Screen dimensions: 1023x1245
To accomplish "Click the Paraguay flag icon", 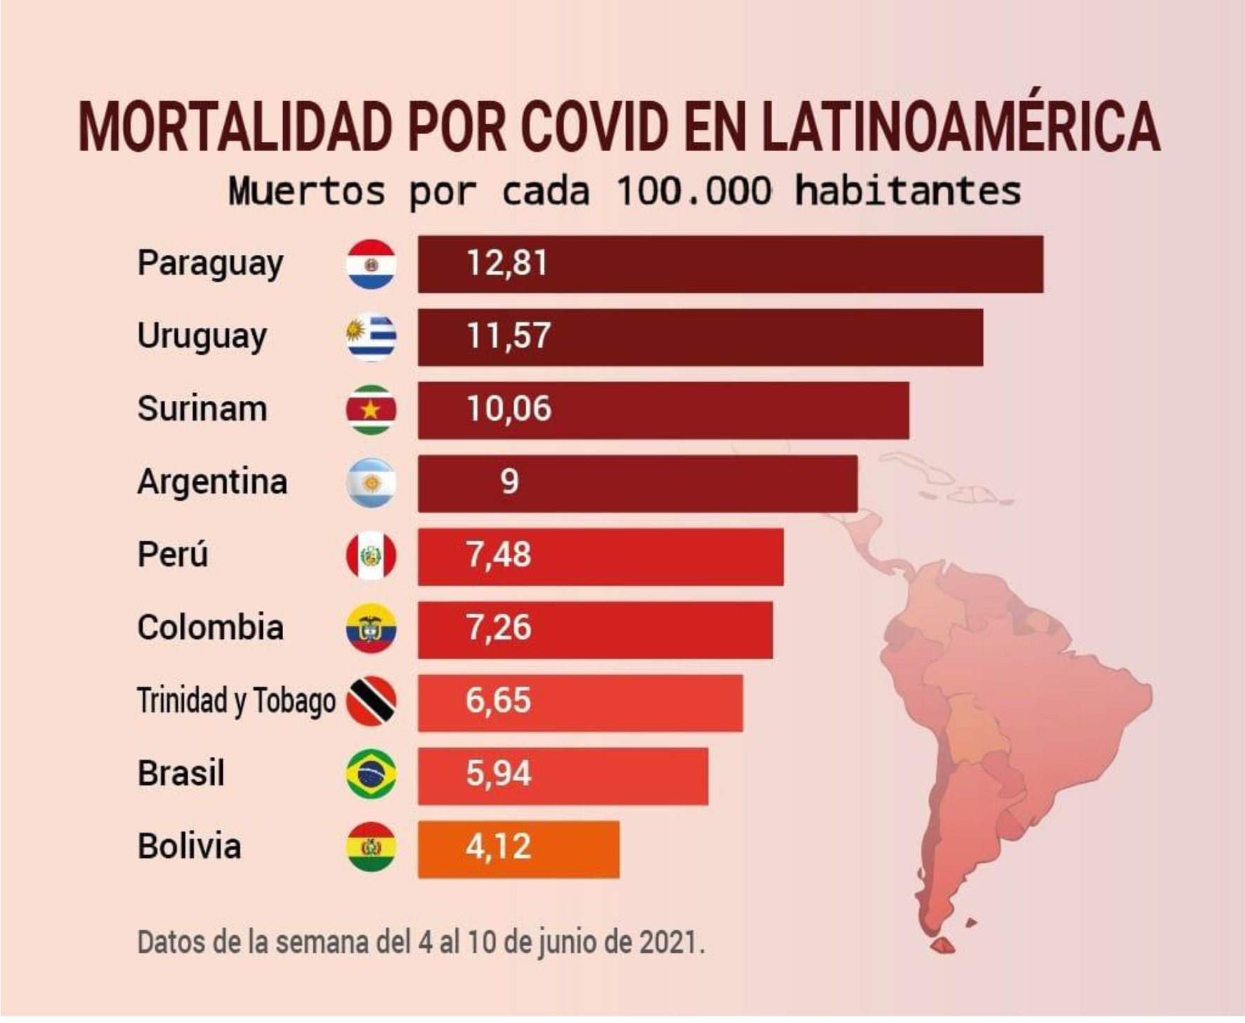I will [371, 265].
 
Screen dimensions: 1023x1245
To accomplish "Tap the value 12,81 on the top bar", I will [507, 263].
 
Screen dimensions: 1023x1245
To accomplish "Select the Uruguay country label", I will [202, 336].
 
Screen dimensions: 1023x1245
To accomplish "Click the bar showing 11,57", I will [700, 337].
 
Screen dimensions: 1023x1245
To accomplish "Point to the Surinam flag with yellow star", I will [371, 410].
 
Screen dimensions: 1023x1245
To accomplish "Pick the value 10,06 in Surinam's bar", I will [509, 409].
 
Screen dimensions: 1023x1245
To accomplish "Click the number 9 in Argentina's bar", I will [509, 482].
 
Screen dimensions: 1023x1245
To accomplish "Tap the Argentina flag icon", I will [371, 483].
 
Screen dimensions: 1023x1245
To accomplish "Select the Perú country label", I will [173, 555].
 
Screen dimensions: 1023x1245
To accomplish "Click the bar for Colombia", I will [595, 630].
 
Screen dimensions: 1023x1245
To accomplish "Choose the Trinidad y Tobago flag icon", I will [371, 701].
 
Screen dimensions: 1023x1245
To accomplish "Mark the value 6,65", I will [498, 701].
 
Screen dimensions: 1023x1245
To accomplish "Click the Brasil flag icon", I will [371, 774].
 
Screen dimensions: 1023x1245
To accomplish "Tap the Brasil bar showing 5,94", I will [563, 776].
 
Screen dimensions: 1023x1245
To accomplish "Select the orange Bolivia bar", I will [519, 849].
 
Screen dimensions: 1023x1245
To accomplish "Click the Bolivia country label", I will [190, 847].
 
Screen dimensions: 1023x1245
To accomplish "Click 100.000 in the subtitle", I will [693, 191].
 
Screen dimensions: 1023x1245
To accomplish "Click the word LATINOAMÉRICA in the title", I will [960, 126].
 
